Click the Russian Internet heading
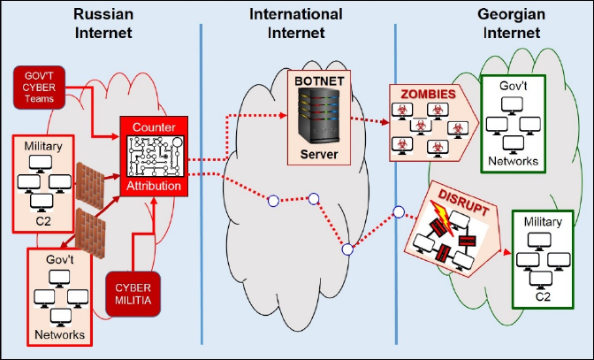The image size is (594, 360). click(x=102, y=23)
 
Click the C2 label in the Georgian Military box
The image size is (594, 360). click(x=541, y=298)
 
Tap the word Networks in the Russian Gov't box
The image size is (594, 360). click(x=61, y=334)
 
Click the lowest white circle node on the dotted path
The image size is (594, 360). click(x=348, y=250)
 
